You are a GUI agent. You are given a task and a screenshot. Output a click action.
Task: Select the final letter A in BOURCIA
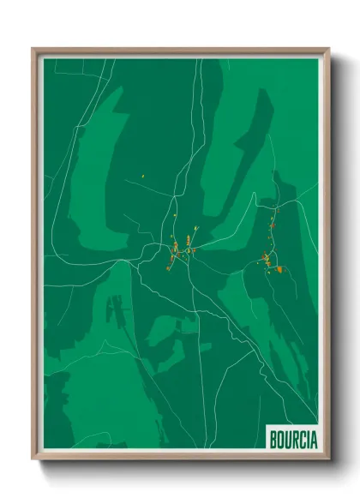click(x=314, y=440)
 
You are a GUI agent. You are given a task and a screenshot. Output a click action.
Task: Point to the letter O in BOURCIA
click(x=280, y=440)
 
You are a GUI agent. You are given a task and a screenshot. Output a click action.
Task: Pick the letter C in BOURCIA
click(x=301, y=440)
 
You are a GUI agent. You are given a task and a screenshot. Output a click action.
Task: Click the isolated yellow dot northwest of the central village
click(x=142, y=177)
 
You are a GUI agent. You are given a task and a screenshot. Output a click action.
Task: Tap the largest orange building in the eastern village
click(x=279, y=270)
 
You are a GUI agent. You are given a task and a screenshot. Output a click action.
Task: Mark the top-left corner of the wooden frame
click(x=33, y=49)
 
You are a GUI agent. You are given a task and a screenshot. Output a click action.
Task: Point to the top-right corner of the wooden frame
click(x=328, y=49)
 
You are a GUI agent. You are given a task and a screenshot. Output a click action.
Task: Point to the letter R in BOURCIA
click(x=294, y=440)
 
